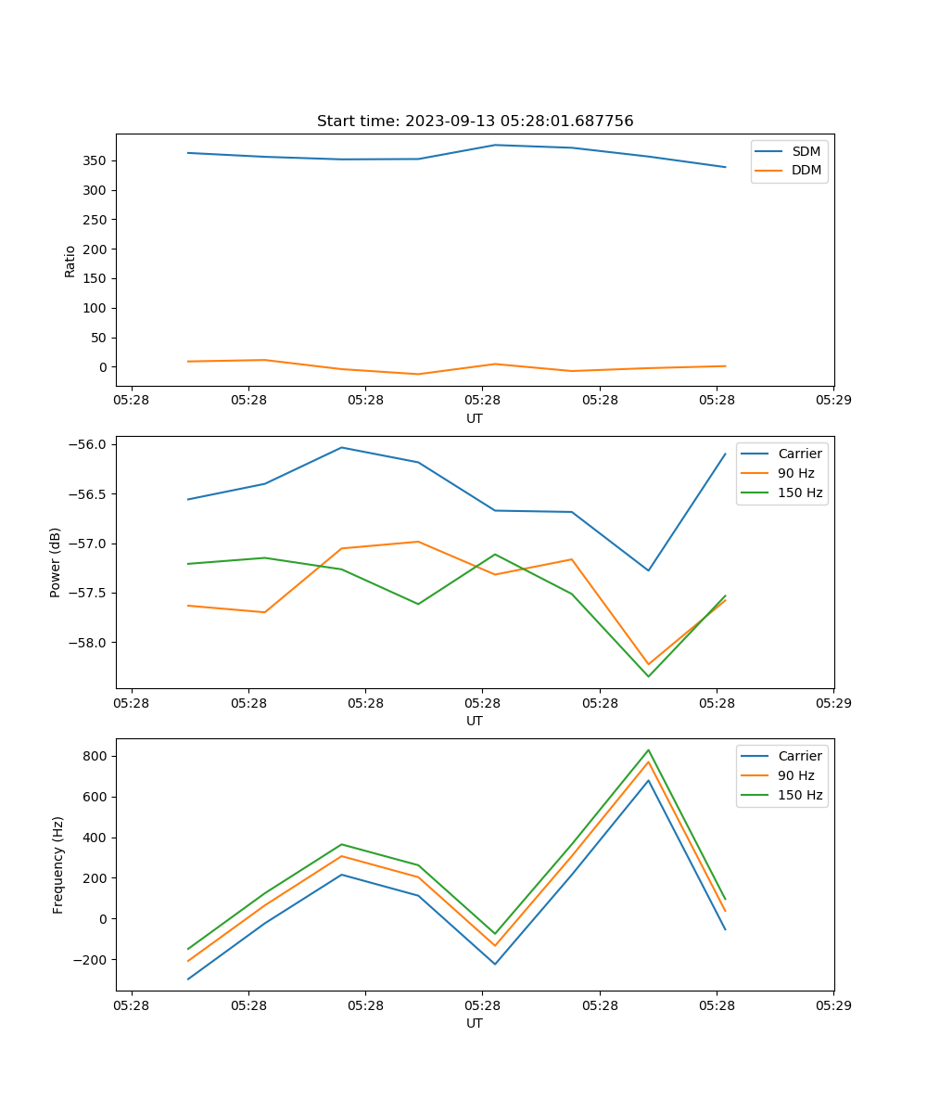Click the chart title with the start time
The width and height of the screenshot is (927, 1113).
pos(475,122)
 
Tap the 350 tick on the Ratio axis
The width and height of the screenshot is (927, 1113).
pos(95,160)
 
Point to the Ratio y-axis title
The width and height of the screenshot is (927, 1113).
pos(70,261)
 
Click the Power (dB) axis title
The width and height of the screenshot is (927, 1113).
pos(56,562)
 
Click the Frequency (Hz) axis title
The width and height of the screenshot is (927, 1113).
pos(57,864)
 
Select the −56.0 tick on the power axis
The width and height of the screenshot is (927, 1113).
pos(89,444)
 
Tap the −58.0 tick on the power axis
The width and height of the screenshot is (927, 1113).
pos(89,643)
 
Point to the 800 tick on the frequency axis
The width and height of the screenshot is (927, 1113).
pos(95,756)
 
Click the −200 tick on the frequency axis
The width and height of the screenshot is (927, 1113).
pos(92,960)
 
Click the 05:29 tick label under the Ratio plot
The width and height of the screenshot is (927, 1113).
pos(833,401)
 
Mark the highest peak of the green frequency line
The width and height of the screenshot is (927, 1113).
pos(648,750)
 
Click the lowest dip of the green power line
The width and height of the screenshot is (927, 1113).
pos(648,676)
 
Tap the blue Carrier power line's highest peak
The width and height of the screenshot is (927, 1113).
pos(341,447)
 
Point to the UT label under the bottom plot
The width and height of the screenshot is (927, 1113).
pos(475,1023)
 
